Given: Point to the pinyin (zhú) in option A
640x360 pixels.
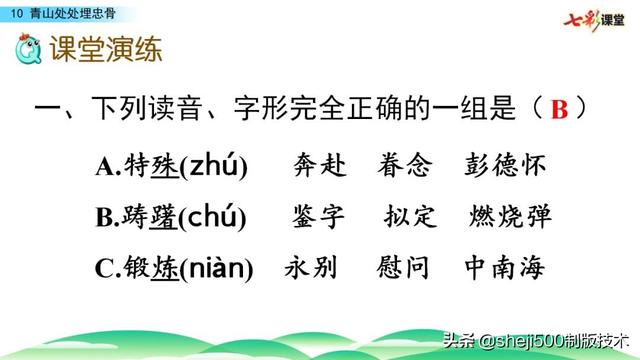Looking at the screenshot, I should coord(215,165).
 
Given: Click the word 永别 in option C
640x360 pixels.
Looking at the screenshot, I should coord(311,268).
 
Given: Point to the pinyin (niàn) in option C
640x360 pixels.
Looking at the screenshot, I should coord(215,268).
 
